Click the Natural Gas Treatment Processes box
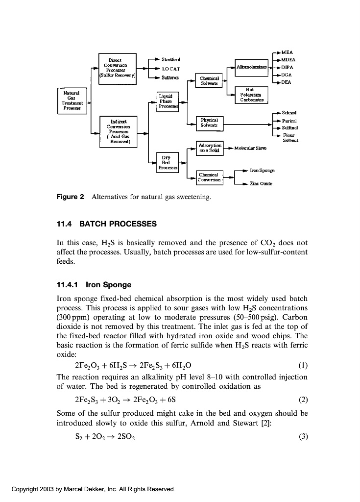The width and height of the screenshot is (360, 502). tap(72, 100)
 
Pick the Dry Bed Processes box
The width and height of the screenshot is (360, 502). tap(167, 162)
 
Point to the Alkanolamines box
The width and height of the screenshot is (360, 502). tap(251, 66)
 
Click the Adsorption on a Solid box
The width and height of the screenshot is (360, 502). tap(210, 148)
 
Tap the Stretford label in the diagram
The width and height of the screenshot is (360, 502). tap(170, 60)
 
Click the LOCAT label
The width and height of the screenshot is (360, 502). tap(170, 69)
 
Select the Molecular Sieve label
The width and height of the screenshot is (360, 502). tap(250, 148)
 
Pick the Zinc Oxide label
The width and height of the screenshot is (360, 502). tap(261, 184)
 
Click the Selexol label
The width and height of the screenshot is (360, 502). tap(289, 113)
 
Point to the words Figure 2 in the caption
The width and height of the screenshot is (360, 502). tap(71, 197)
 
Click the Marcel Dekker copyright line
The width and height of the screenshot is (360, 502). tap(93, 489)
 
